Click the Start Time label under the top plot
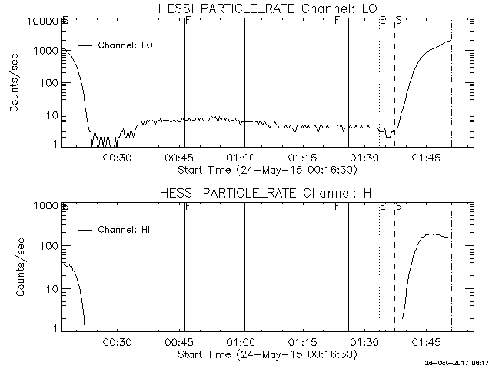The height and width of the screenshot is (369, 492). point(267,169)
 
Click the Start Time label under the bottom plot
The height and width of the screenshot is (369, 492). point(267,354)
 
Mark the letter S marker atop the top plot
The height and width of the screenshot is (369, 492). point(398,20)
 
